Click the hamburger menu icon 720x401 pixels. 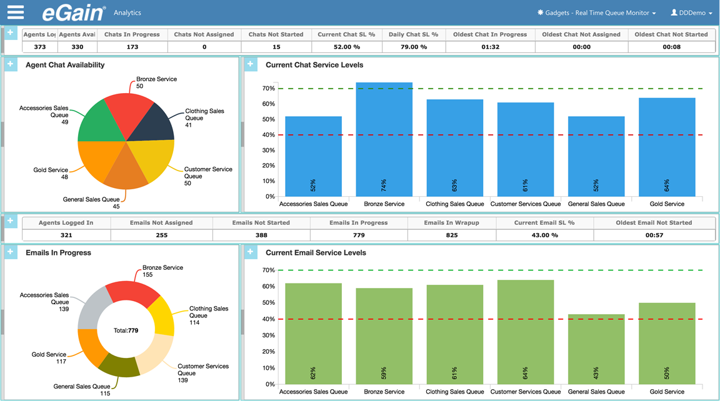16,12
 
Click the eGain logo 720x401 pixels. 72,12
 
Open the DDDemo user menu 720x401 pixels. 691,12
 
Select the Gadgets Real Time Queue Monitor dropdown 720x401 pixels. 596,12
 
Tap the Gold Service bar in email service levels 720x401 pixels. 667,344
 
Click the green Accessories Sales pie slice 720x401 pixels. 97,122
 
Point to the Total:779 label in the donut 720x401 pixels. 126,330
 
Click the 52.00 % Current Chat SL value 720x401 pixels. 346,47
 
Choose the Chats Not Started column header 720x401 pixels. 276,34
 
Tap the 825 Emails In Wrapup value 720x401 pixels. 451,235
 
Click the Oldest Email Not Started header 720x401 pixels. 653,222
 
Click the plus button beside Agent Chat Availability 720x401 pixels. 11,64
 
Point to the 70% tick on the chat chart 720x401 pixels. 268,89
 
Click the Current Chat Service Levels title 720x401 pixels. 314,65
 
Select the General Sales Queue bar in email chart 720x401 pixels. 596,350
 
